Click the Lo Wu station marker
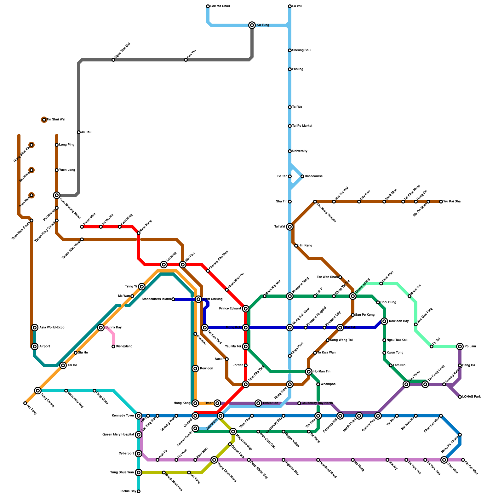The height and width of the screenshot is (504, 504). [290, 6]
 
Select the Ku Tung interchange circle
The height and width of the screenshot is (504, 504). [252, 25]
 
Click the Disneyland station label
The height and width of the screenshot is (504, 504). [124, 346]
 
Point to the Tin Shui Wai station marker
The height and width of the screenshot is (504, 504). [44, 120]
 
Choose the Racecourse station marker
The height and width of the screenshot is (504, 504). [302, 176]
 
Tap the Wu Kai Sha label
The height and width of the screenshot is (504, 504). [452, 202]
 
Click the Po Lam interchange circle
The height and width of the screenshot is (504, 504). [460, 346]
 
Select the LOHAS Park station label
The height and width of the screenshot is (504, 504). [472, 397]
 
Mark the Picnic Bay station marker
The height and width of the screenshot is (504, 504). [139, 491]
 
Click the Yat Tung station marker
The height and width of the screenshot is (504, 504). [25, 403]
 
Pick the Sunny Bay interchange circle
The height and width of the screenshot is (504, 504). [101, 328]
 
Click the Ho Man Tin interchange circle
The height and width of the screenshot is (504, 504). [309, 372]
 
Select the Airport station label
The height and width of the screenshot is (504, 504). [45, 346]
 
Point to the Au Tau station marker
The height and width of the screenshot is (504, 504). [79, 132]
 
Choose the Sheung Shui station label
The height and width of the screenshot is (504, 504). [302, 50]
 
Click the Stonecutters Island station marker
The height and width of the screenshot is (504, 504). [173, 299]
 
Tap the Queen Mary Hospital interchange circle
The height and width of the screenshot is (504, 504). [139, 435]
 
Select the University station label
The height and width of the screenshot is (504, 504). [300, 151]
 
